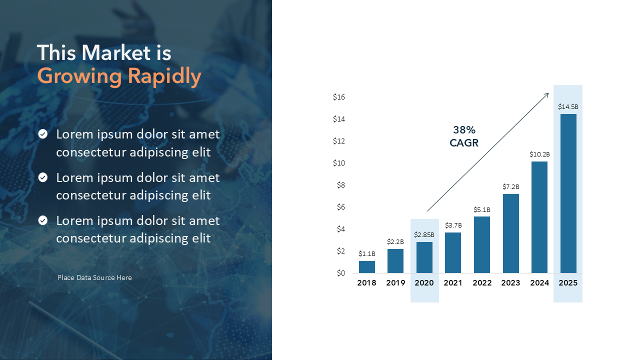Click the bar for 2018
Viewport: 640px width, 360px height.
[366, 267]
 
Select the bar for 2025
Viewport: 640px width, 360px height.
[568, 193]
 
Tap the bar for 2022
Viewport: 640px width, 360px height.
[482, 244]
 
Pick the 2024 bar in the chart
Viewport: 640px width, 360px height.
[539, 217]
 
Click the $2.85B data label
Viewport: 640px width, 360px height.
[424, 234]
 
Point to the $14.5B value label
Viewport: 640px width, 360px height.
[568, 106]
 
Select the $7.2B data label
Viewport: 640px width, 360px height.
[510, 186]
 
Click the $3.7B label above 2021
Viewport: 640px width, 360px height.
[453, 225]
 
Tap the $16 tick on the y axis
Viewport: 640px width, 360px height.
[339, 97]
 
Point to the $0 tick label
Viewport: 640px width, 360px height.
[340, 273]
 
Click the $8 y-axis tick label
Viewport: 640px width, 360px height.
[340, 185]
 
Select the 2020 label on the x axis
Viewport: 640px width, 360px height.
[424, 283]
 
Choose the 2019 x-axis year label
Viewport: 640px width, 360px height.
[395, 283]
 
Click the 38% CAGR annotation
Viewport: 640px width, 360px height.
[464, 136]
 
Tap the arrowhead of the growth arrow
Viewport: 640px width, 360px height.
[547, 94]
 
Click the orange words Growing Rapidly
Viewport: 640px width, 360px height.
[119, 76]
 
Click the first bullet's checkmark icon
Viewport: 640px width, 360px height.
[43, 134]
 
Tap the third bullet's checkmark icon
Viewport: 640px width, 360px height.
[43, 220]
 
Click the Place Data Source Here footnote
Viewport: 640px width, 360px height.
[94, 277]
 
